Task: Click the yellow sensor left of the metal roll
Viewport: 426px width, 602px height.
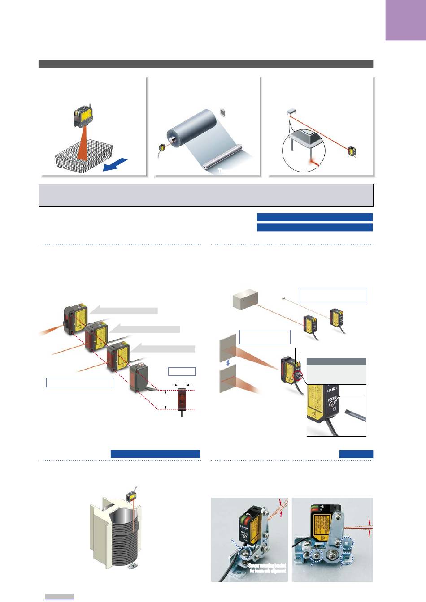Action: coord(162,147)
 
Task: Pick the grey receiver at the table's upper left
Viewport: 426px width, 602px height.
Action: coord(291,110)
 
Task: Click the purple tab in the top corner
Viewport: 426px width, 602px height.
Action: coord(405,20)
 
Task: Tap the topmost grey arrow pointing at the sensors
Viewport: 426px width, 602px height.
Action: coord(123,310)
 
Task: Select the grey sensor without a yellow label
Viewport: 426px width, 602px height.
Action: coord(139,379)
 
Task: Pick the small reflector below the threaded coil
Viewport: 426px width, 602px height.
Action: coord(132,567)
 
